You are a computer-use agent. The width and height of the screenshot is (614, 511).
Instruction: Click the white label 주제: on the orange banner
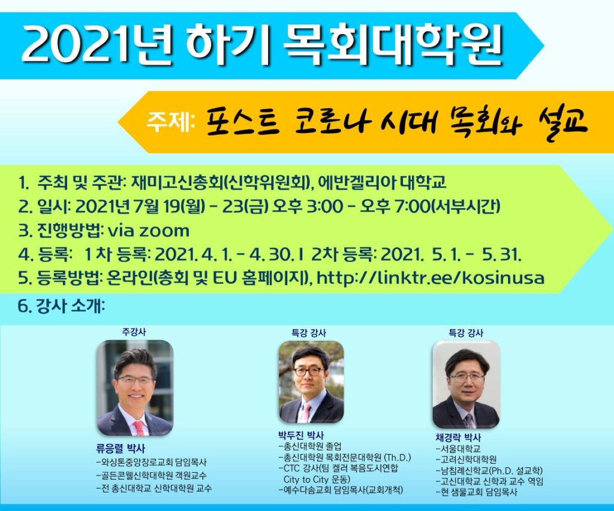(x=171, y=122)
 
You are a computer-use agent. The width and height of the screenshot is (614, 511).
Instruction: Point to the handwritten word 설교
(x=562, y=120)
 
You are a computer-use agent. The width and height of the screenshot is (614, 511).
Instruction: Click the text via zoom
(x=149, y=231)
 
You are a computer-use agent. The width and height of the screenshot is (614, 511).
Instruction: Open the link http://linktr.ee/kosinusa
(x=431, y=278)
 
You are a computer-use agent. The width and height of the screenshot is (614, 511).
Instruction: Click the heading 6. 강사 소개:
(x=61, y=306)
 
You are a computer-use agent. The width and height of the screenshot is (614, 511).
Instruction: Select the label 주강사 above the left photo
(x=134, y=332)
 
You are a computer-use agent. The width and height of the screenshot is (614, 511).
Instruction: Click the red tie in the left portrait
(x=139, y=428)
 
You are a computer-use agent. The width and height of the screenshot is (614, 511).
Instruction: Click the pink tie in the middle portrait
(x=305, y=413)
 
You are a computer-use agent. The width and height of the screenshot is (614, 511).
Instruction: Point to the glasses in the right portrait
(x=466, y=377)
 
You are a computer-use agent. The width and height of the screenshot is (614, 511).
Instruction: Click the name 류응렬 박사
(x=120, y=449)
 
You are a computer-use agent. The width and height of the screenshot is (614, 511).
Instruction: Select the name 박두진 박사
(x=301, y=435)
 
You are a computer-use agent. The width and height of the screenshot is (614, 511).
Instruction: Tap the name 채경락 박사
(x=458, y=437)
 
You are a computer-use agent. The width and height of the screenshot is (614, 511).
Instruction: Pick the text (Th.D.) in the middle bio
(x=398, y=457)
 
